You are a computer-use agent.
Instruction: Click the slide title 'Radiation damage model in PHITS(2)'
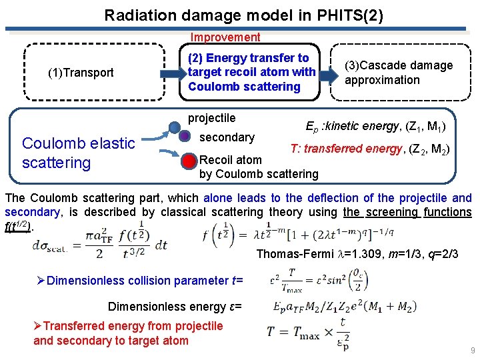(243, 15)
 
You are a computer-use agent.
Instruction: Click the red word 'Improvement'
(225, 37)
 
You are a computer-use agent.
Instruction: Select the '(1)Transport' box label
(81, 73)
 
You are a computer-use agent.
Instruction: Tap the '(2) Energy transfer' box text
(251, 72)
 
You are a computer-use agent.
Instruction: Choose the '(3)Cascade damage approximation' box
(399, 73)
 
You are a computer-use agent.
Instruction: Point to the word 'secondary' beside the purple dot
(227, 137)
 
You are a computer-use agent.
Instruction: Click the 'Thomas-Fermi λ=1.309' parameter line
(367, 253)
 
